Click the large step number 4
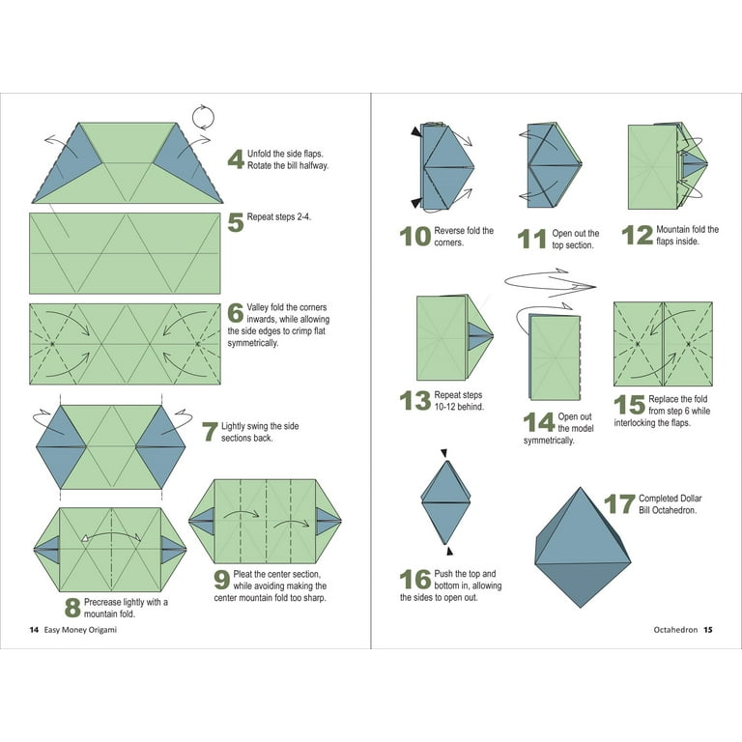236,159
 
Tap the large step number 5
236,222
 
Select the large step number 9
221,580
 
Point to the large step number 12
637,235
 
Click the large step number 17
619,504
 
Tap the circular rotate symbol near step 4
203,117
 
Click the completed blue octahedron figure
583,548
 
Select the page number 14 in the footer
34,630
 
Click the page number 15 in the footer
707,630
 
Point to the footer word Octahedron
675,630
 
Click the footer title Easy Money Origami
80,630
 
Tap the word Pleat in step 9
243,574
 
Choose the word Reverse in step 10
449,231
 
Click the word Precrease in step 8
102,602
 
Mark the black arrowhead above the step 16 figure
443,453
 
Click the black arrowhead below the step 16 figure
449,551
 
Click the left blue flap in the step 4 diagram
68,163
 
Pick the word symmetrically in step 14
549,441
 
